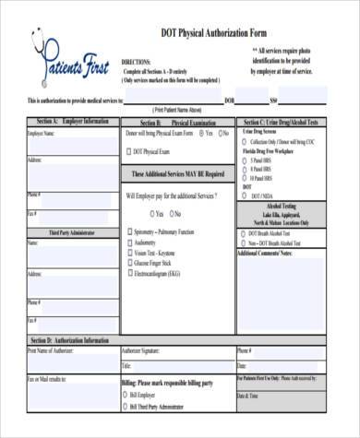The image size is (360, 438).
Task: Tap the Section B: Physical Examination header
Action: pyautogui.click(x=177, y=121)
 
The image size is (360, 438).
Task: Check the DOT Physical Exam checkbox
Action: pyautogui.click(x=127, y=150)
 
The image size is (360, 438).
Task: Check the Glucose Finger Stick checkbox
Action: pyautogui.click(x=127, y=263)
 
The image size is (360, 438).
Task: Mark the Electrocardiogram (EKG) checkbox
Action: pyautogui.click(x=127, y=273)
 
